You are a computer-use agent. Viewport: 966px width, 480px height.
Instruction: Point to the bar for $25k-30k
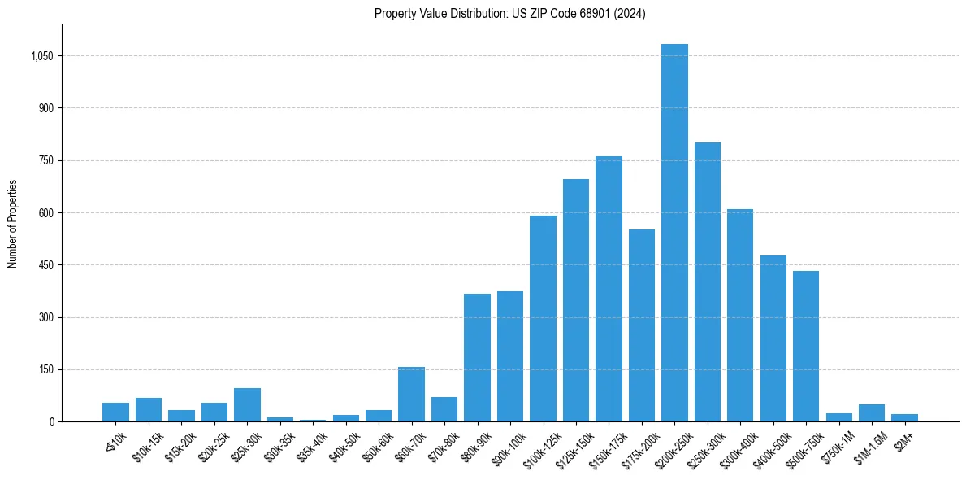point(247,405)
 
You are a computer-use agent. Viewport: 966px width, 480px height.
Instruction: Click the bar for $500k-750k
point(806,346)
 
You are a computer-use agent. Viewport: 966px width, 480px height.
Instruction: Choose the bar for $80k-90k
point(477,358)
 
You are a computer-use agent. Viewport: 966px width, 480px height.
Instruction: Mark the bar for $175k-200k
point(642,325)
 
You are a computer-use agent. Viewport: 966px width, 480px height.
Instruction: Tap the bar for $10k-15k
point(149,410)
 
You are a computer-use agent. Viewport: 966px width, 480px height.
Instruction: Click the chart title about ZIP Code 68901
point(509,14)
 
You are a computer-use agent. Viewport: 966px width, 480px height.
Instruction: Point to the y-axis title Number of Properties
point(13,224)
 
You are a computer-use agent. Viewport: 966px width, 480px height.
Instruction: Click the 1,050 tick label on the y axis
point(42,56)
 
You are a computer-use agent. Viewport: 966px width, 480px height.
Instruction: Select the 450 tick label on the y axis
point(45,265)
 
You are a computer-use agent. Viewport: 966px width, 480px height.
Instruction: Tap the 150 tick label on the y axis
point(45,369)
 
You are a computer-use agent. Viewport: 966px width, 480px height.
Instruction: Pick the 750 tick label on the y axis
point(45,160)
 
